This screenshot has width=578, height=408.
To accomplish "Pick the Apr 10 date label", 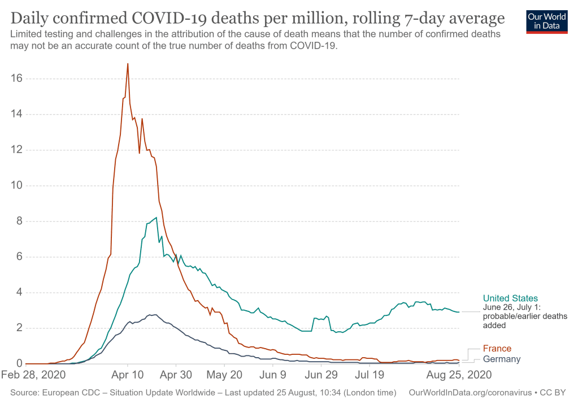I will [128, 375].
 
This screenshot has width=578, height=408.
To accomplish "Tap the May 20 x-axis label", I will [225, 375].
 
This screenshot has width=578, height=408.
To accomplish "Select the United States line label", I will [510, 298].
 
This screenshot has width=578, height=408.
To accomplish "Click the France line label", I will [497, 349].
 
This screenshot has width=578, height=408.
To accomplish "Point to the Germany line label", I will [501, 359].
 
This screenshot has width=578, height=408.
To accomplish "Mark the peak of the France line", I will [128, 64].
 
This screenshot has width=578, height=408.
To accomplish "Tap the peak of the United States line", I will [156, 217].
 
